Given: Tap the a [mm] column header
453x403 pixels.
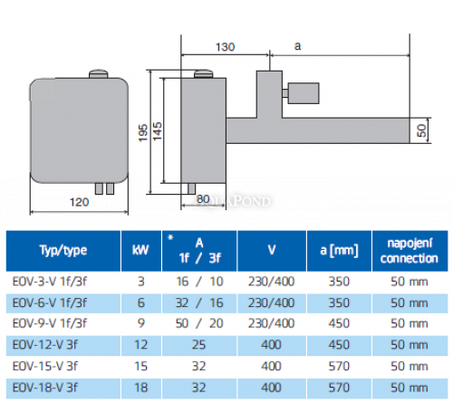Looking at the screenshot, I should (x=333, y=250).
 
